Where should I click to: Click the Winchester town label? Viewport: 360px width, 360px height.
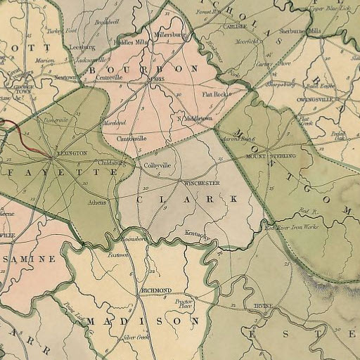(202, 183)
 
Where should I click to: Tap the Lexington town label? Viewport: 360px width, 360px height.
(72, 153)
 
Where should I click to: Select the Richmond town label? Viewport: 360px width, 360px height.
(156, 290)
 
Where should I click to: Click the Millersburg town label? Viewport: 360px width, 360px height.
(172, 34)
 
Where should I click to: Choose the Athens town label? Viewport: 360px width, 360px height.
(97, 202)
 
